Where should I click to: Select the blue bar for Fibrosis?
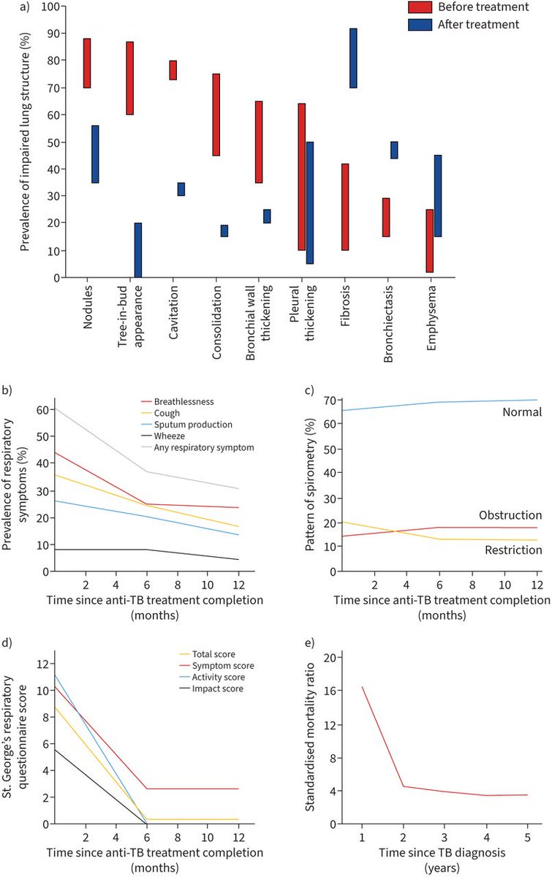[x=353, y=58]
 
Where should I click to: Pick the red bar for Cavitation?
[x=173, y=70]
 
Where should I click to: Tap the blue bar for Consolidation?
[x=224, y=231]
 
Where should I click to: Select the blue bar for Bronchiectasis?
[x=394, y=150]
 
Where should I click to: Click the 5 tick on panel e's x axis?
[x=527, y=836]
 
